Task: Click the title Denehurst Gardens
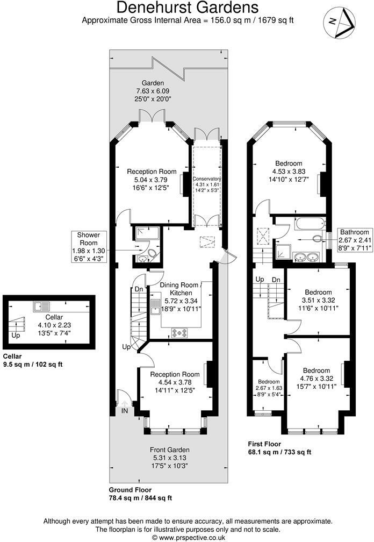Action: (188, 8)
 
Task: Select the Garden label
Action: (153, 83)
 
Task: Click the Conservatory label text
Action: (206, 179)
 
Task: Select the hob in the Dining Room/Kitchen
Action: (179, 332)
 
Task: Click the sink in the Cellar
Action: (41, 306)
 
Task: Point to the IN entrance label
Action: (125, 411)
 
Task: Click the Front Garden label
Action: (170, 450)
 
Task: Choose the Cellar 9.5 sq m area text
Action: (32, 364)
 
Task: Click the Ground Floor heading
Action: (130, 490)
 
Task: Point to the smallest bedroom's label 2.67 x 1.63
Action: (267, 389)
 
